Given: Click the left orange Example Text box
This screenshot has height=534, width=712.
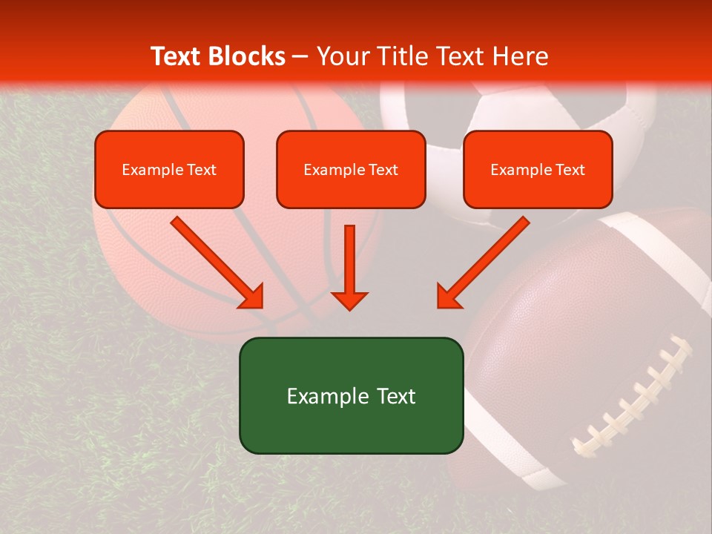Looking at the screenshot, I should tap(169, 169).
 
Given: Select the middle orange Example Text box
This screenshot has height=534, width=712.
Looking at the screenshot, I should tap(351, 169).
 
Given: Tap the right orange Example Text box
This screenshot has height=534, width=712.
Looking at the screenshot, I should tap(538, 169).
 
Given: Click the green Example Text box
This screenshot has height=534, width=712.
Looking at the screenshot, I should tap(351, 395).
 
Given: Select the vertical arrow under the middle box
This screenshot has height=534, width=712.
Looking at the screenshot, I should tap(349, 267).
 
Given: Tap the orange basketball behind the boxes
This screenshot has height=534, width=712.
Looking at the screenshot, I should tap(148, 252).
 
